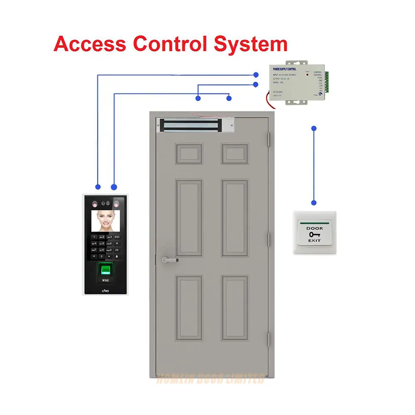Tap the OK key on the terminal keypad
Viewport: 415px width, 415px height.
117,250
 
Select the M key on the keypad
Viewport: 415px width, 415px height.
117,243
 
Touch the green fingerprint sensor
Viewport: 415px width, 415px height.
105,271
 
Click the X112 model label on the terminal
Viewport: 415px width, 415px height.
105,281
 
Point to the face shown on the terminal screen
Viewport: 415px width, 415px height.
105,219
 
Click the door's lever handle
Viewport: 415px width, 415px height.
169,260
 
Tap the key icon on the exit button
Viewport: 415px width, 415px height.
314,234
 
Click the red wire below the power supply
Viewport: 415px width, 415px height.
269,100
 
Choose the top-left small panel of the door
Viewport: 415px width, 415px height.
189,154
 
